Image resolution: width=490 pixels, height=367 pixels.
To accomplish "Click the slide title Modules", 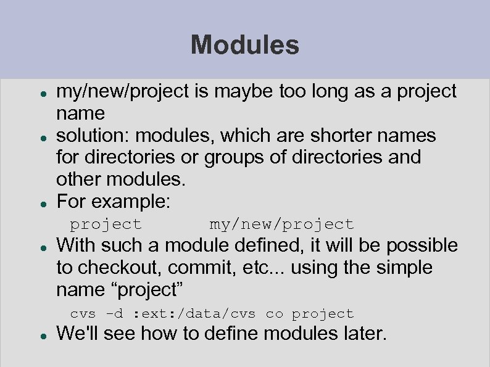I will (x=245, y=44).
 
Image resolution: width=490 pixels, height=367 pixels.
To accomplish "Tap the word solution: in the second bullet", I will (x=93, y=135).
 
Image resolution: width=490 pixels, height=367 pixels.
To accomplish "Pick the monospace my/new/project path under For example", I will (x=281, y=224).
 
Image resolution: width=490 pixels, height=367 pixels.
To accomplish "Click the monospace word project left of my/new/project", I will (x=106, y=224).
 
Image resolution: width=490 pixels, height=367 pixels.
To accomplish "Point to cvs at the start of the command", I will (x=83, y=313).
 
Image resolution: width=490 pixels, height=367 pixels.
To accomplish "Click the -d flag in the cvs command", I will (x=115, y=313).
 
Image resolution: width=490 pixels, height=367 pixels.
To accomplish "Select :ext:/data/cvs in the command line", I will (x=198, y=313).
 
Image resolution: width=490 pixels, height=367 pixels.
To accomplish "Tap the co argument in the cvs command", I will (x=274, y=313).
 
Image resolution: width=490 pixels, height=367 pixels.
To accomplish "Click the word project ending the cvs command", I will (x=323, y=313).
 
